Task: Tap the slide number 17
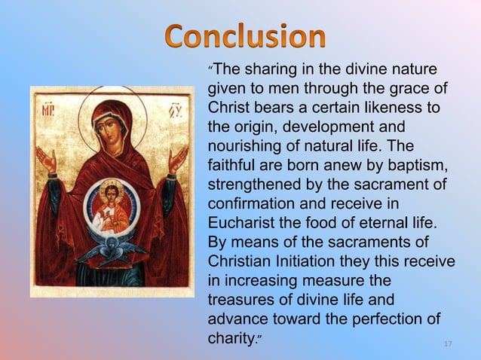click(448, 344)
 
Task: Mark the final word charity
click(230, 340)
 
